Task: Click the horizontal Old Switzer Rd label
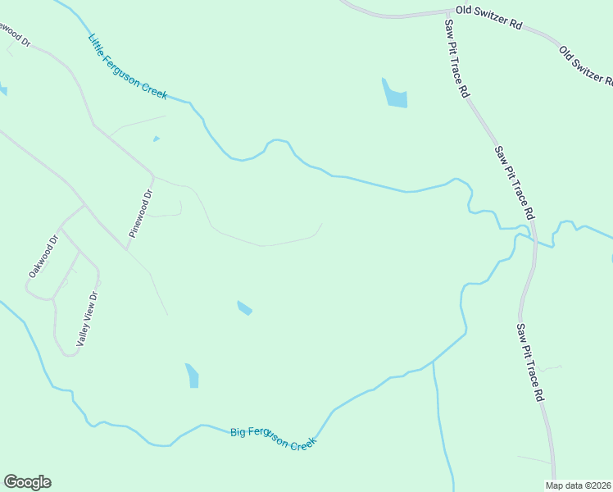[x=489, y=16]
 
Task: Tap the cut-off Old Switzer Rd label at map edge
[x=585, y=65]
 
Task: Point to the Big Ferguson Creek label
[x=272, y=436]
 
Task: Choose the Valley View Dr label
[x=87, y=319]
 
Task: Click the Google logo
[x=27, y=482]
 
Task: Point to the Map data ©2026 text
[x=579, y=485]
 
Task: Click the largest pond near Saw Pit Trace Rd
[x=394, y=94]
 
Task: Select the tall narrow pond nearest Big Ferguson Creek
[x=192, y=376]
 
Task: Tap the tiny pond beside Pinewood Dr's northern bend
[x=156, y=139]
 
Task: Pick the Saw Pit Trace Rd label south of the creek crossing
[x=529, y=361]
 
